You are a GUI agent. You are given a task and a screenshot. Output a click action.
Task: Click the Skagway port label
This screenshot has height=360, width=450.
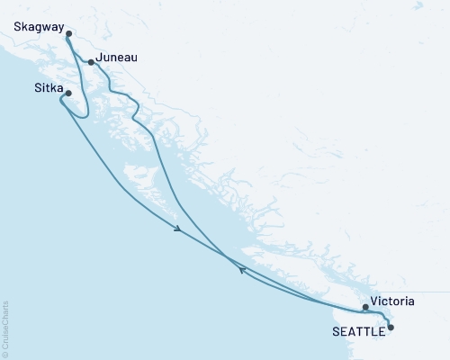click(39, 28)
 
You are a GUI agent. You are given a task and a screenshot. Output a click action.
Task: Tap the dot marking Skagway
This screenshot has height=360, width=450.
click(69, 34)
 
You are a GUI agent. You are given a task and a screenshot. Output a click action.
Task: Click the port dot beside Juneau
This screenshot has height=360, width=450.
click(91, 62)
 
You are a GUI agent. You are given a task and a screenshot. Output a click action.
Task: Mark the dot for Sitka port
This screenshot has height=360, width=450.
click(68, 92)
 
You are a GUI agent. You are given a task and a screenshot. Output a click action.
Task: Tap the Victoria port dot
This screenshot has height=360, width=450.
click(364, 307)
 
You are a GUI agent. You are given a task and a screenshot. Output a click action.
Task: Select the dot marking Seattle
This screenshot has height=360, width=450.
click(390, 328)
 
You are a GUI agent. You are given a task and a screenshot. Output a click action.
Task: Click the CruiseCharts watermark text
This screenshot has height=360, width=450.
click(5, 328)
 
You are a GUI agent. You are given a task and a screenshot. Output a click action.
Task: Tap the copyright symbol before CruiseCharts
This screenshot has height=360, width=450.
click(5, 354)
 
